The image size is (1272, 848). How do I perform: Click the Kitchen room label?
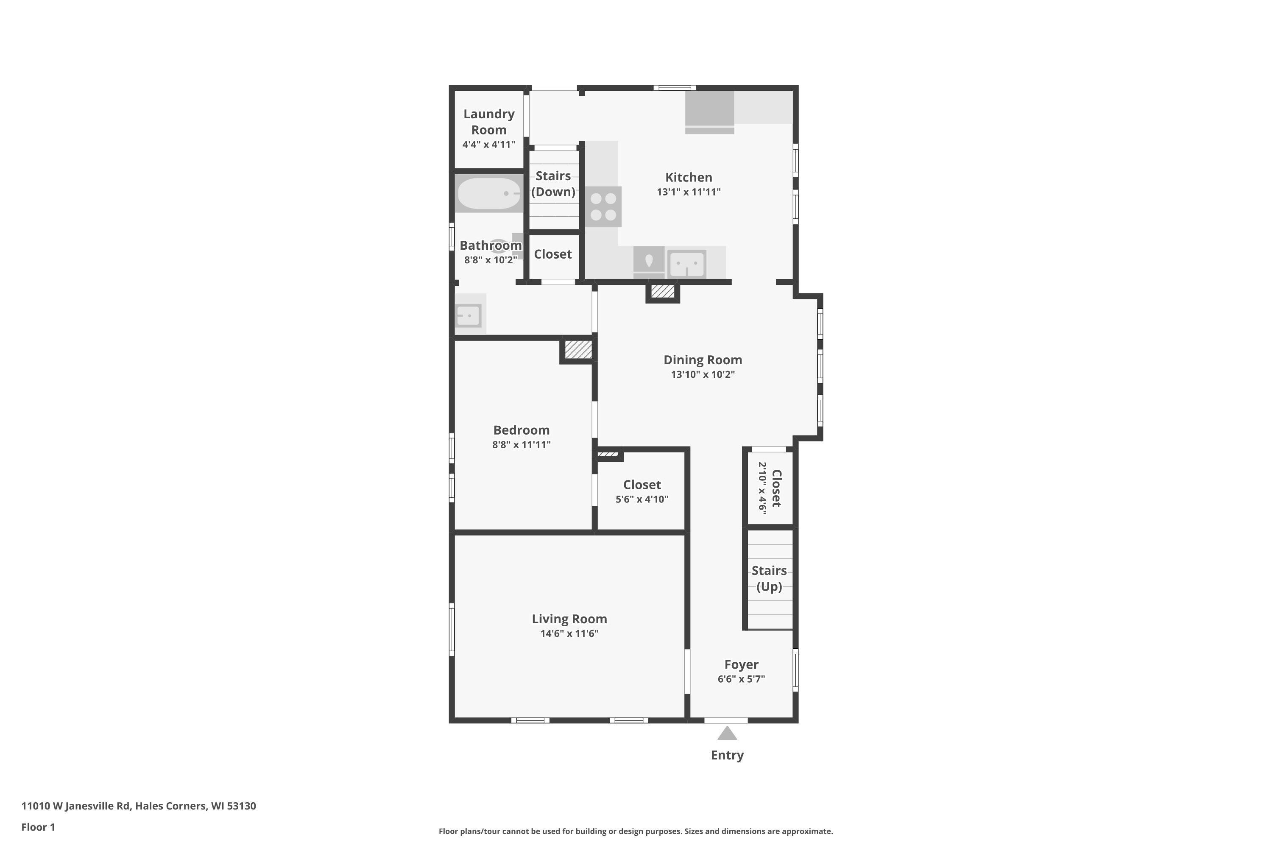(689, 177)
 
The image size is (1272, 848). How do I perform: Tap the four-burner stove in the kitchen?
(603, 206)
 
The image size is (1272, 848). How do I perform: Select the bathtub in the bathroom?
(489, 193)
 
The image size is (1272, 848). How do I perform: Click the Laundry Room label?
(489, 122)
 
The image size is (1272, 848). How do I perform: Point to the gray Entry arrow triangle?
(727, 734)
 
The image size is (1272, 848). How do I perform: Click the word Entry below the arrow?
(727, 755)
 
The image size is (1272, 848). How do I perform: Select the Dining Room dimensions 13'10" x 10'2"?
(703, 374)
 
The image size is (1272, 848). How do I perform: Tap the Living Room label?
(569, 619)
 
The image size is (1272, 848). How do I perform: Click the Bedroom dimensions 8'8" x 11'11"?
(522, 444)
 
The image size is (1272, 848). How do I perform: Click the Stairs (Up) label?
(769, 578)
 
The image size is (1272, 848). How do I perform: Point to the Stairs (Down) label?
(553, 183)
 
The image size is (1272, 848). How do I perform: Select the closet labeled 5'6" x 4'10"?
(642, 491)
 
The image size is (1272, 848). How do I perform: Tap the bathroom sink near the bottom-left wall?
(469, 315)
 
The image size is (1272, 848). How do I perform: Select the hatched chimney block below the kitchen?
(662, 292)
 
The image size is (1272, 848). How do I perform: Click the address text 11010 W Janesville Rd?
(76, 806)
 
